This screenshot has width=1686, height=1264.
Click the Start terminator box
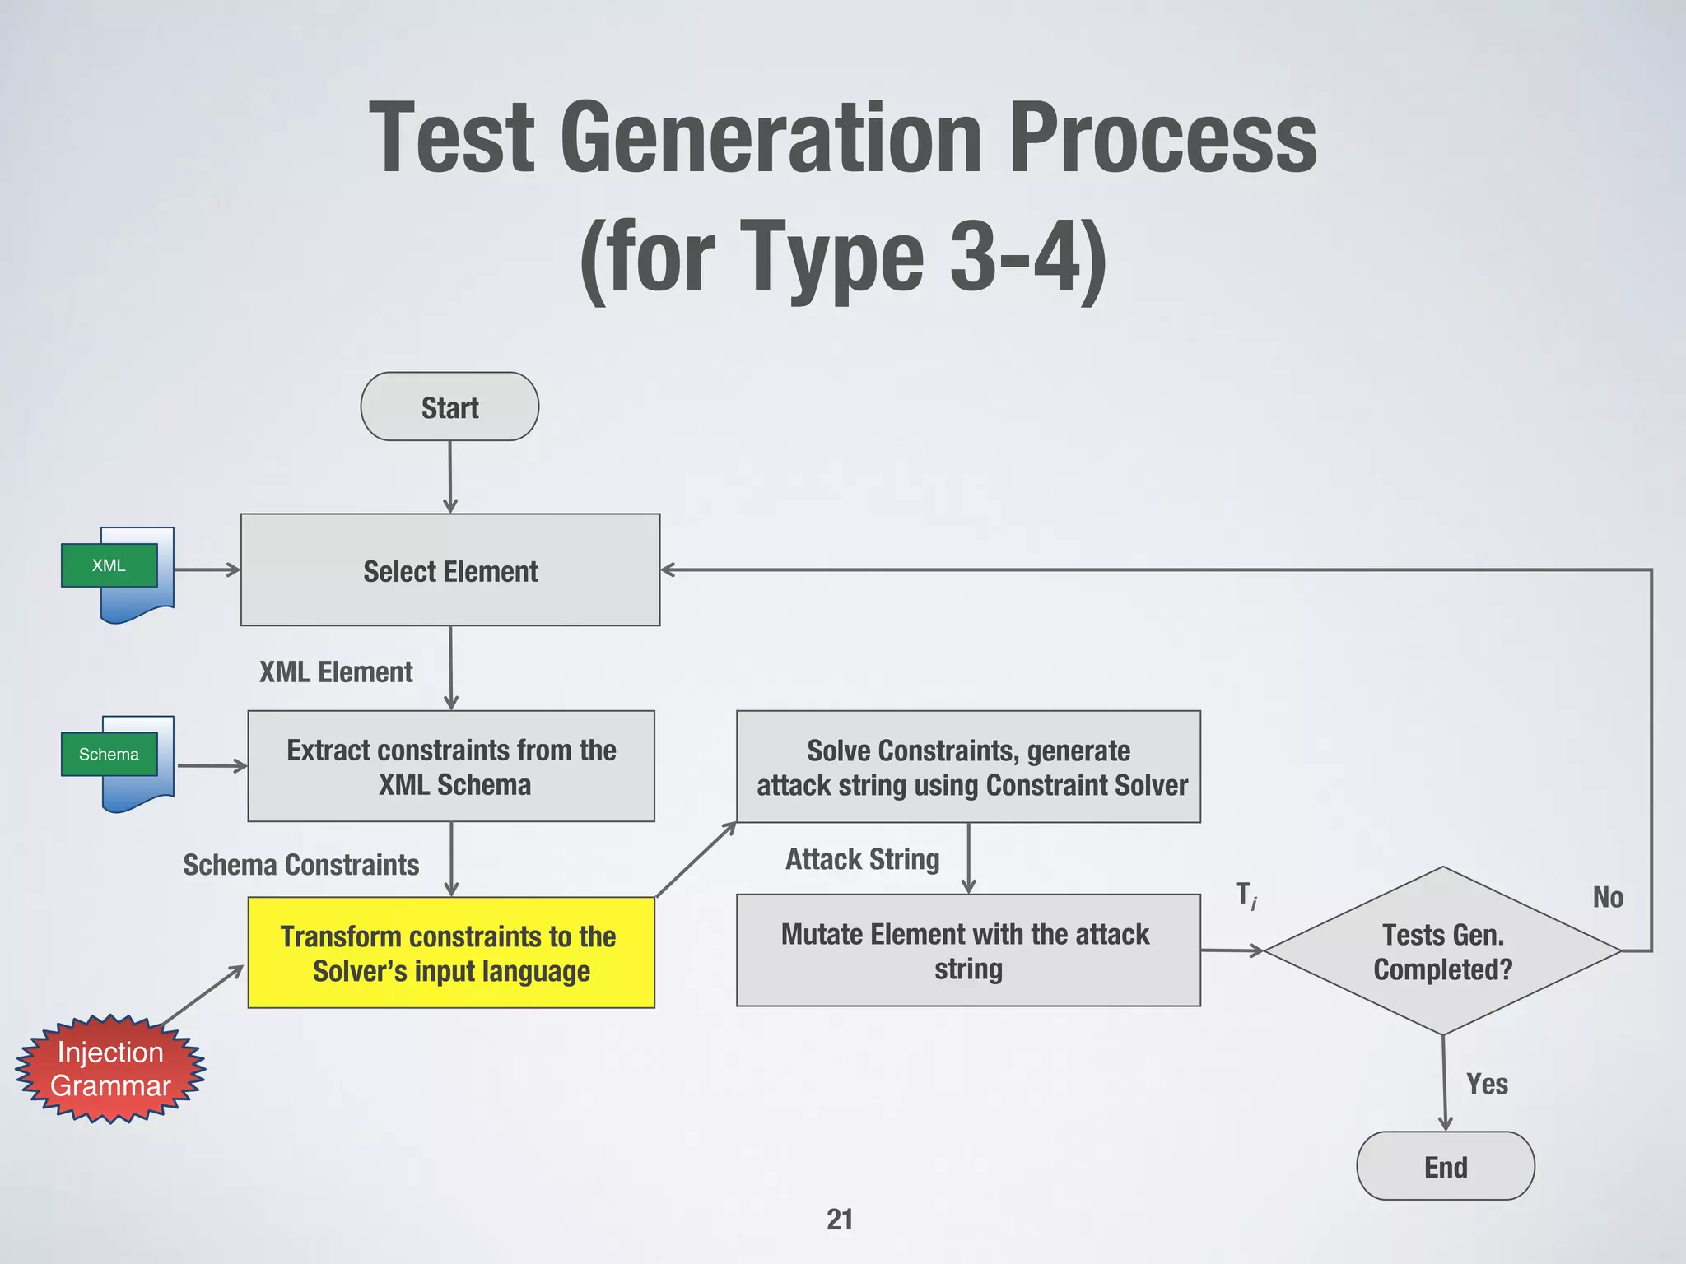(449, 407)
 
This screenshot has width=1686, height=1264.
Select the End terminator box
(1445, 1166)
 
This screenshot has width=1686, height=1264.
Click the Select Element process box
(450, 570)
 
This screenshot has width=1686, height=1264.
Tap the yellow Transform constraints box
(451, 953)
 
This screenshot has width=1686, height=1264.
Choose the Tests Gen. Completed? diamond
(1442, 951)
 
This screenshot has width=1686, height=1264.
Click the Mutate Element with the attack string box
(968, 950)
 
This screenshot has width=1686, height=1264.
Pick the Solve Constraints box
(968, 767)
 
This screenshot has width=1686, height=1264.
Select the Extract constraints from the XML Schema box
(451, 766)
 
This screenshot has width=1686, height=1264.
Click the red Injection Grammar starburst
(110, 1069)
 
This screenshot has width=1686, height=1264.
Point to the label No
(1608, 897)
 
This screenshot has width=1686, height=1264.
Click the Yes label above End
(1487, 1085)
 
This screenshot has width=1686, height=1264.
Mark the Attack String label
(862, 859)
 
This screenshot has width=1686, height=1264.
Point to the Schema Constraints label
(300, 865)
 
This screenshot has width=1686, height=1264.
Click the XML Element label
(336, 672)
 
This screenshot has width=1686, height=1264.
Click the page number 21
(840, 1219)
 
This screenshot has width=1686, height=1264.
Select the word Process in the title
(1162, 138)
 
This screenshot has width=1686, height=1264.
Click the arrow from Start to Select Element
(450, 477)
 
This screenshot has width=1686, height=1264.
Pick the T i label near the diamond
(1246, 895)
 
